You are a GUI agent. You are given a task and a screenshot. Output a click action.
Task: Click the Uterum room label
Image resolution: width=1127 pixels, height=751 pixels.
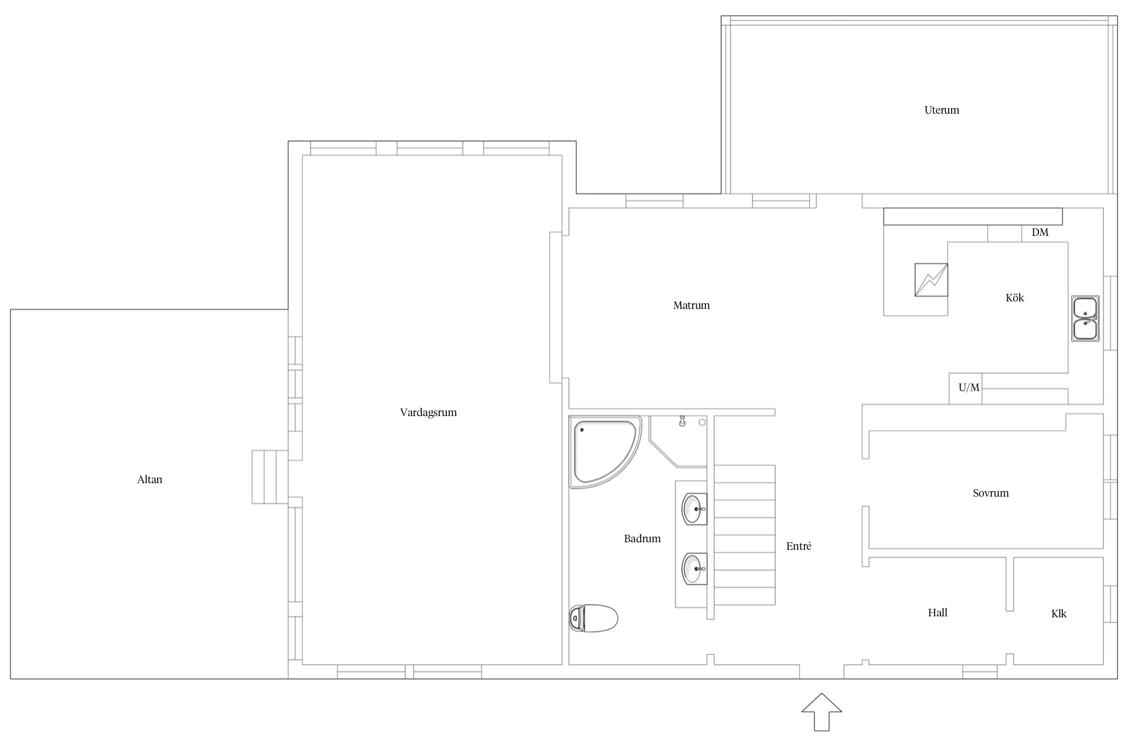coord(942,110)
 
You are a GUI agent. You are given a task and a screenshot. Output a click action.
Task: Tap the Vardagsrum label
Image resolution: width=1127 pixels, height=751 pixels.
coord(428,413)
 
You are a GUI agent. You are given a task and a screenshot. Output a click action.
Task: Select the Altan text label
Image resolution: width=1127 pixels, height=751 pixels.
coord(150,480)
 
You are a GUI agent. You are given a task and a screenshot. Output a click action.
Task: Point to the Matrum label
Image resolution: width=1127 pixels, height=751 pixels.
coord(691,305)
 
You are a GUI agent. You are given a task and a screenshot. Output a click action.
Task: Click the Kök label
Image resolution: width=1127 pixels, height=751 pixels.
coord(1015,298)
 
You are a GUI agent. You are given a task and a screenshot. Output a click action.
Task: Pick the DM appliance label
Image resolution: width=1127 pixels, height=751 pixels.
coord(1040,232)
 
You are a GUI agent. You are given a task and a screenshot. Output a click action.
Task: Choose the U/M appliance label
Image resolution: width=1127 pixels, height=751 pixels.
coord(969,388)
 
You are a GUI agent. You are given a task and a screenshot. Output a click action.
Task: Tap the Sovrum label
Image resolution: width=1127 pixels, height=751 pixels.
coord(991,493)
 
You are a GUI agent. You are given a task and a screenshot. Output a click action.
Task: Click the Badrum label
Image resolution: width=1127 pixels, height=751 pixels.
coord(642,539)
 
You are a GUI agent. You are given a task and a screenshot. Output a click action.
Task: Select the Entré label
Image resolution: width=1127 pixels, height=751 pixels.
coord(798,546)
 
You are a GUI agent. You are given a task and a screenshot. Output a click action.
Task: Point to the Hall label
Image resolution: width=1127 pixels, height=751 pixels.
coord(938,613)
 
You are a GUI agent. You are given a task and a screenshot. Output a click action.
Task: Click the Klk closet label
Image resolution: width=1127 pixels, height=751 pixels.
coord(1059,614)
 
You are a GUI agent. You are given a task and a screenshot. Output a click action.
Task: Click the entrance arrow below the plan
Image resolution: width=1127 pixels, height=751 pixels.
coord(821,712)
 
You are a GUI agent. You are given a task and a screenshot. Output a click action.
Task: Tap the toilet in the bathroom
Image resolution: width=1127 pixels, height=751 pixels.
coord(594,618)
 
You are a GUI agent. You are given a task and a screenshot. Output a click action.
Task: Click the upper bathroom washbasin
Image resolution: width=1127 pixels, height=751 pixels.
coord(694,509)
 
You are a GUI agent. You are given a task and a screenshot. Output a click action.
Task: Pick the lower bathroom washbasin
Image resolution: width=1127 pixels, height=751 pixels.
coord(694,569)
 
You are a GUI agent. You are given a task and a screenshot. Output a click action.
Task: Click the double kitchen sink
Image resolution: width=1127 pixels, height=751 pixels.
coord(1085,318)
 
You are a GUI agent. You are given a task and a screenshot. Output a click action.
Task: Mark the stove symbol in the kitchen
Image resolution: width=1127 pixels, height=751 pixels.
coord(931,280)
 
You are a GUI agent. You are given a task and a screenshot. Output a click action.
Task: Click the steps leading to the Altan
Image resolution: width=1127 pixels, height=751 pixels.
coord(270,477)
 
